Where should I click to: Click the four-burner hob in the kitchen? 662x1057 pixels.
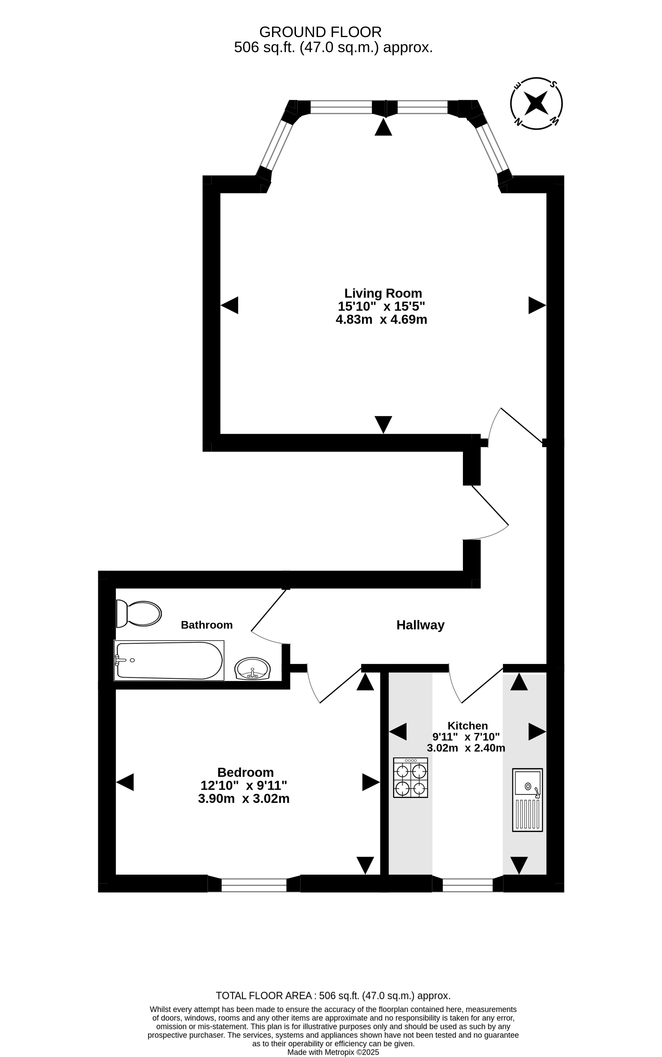(411, 778)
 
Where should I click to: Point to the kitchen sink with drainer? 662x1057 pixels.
(527, 800)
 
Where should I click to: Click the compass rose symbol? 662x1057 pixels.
(536, 103)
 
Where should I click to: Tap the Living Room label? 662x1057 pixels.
(383, 293)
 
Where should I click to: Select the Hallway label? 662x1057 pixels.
(420, 625)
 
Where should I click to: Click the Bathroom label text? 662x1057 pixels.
(207, 625)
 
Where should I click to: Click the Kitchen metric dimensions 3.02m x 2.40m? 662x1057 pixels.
(466, 748)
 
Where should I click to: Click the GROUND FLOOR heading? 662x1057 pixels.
(321, 32)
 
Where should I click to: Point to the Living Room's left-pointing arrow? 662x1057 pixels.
(229, 305)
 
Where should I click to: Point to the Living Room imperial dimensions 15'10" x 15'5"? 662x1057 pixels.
(381, 306)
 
